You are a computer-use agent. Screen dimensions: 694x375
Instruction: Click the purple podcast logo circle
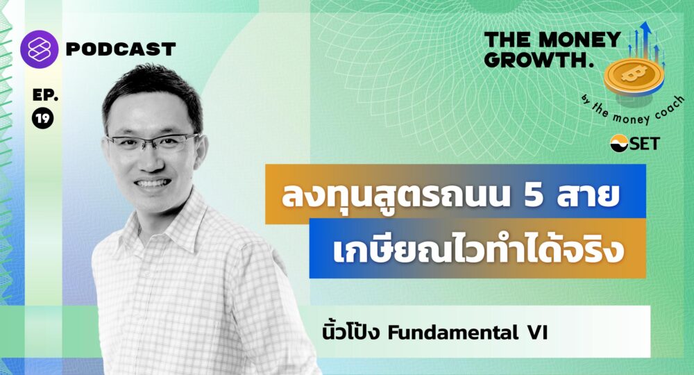click(x=39, y=49)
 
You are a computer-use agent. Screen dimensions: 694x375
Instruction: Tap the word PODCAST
click(x=121, y=49)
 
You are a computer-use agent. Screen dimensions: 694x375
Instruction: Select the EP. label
click(x=45, y=94)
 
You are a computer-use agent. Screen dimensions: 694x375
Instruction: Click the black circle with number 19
click(x=43, y=118)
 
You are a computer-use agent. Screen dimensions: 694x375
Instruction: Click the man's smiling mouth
click(x=152, y=183)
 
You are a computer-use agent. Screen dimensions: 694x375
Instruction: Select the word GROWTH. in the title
click(x=539, y=60)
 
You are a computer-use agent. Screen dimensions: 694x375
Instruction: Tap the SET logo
click(x=635, y=144)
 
